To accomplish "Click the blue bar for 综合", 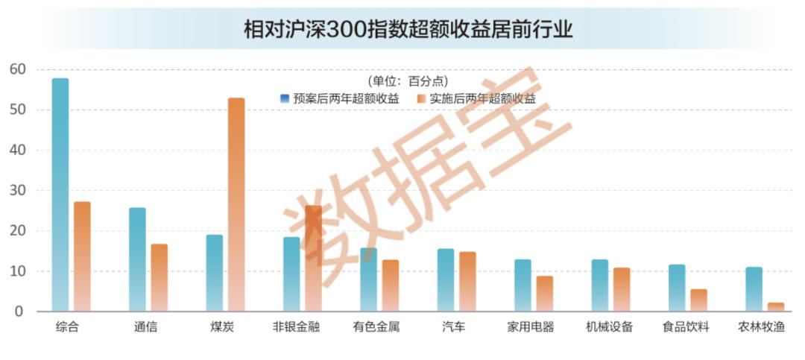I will click(x=60, y=195).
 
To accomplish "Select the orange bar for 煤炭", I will click(x=236, y=204).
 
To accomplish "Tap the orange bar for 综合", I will click(x=83, y=256).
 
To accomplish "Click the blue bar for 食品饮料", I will click(x=677, y=288).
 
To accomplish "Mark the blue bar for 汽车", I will click(x=446, y=280).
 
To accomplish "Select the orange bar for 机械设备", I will click(x=622, y=289).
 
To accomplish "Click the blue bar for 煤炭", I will click(x=215, y=273).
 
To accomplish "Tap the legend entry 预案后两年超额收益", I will click(x=339, y=98).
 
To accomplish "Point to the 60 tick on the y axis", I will click(x=18, y=69).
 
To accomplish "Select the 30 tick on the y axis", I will click(x=18, y=191).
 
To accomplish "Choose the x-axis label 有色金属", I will click(x=376, y=327).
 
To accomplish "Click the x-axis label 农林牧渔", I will click(x=761, y=327).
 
